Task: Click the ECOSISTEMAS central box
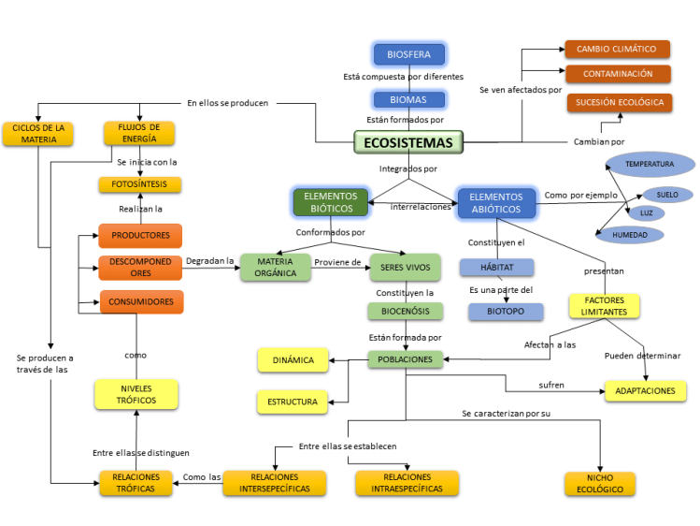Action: pyautogui.click(x=408, y=142)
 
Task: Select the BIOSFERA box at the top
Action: pyautogui.click(x=408, y=54)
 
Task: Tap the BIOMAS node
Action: pyautogui.click(x=408, y=99)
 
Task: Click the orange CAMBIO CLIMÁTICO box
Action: pyautogui.click(x=617, y=49)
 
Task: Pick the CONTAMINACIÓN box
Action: pyautogui.click(x=617, y=74)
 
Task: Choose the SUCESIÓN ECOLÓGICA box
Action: pyautogui.click(x=619, y=102)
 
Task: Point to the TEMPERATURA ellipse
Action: pyautogui.click(x=650, y=164)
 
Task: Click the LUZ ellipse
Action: pyautogui.click(x=647, y=213)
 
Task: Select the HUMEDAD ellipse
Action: pyautogui.click(x=630, y=235)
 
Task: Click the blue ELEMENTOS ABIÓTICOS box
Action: pyautogui.click(x=496, y=203)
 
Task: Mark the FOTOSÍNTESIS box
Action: pyautogui.click(x=140, y=184)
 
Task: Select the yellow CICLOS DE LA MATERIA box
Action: pyautogui.click(x=38, y=133)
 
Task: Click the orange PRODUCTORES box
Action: pyautogui.click(x=140, y=235)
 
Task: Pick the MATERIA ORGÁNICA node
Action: pyautogui.click(x=276, y=268)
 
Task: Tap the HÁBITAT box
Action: pyautogui.click(x=496, y=268)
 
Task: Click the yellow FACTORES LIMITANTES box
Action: pyautogui.click(x=604, y=306)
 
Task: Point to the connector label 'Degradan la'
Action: pyautogui.click(x=210, y=260)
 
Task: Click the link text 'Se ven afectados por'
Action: pyautogui.click(x=521, y=90)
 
